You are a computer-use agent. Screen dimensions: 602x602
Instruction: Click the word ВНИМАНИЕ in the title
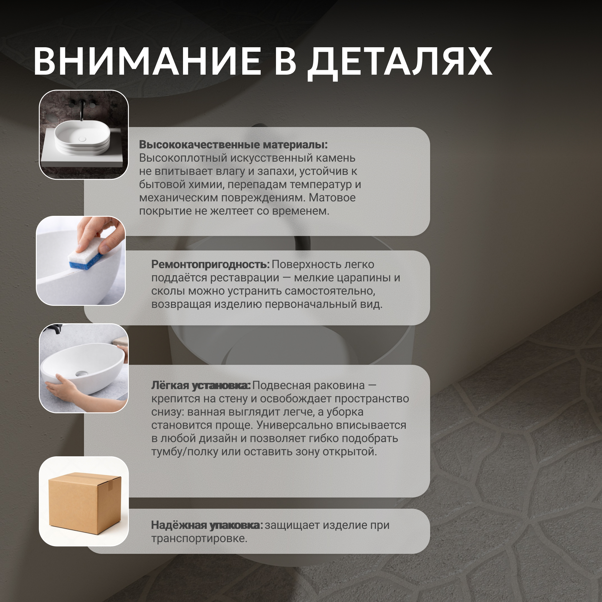pos(147,61)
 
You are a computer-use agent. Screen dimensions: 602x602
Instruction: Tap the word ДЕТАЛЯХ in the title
pos(400,64)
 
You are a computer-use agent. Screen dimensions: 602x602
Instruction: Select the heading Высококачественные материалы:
pos(233,144)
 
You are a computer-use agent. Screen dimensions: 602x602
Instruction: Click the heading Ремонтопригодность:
pos(210,265)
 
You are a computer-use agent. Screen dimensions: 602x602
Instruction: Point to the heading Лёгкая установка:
pos(201,386)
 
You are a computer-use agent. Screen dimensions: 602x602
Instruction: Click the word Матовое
pos(332,197)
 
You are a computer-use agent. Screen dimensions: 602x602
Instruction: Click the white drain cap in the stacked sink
pos(82,139)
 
